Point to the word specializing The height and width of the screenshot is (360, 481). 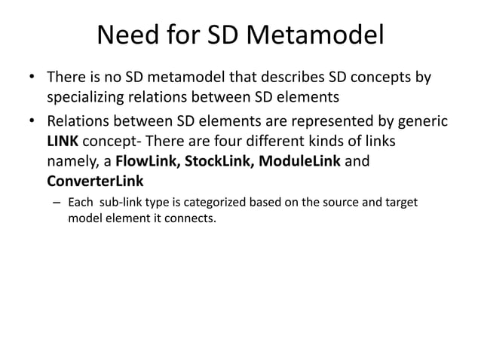(87, 98)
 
